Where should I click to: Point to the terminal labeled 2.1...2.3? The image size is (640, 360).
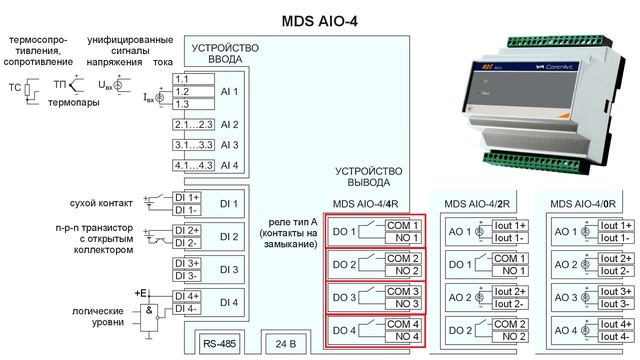coord(192,125)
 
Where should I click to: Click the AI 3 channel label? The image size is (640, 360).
coord(229,145)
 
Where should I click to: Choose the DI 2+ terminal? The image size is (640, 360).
coord(188,230)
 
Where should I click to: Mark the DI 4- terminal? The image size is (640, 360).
coord(188,309)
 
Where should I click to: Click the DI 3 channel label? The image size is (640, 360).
coord(229,269)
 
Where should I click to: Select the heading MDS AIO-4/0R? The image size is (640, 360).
coord(584,203)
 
